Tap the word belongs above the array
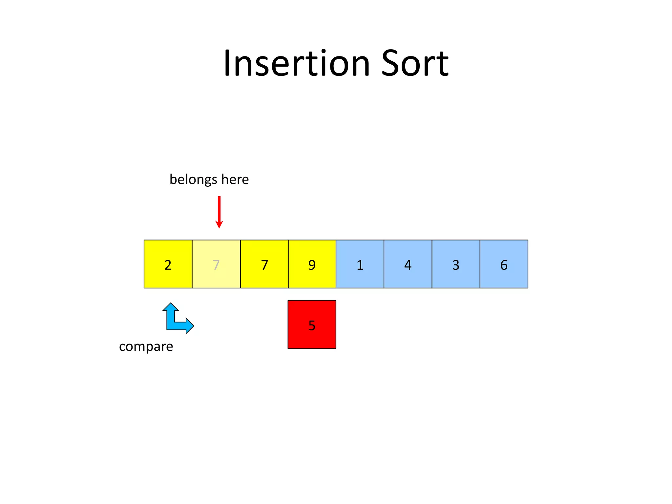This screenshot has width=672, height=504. [x=193, y=179]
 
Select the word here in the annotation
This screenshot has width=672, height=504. [x=235, y=179]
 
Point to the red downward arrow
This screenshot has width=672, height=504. [x=219, y=212]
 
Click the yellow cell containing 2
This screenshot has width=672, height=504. [x=168, y=264]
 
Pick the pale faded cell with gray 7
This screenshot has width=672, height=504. [x=216, y=264]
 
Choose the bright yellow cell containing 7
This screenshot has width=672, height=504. [x=264, y=264]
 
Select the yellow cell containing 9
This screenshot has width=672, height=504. [x=312, y=264]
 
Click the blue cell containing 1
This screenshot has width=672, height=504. [x=360, y=264]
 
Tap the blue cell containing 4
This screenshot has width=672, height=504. [x=408, y=264]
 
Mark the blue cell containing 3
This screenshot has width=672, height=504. [x=456, y=264]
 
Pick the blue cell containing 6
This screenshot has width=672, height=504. [x=504, y=264]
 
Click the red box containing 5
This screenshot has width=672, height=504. [x=312, y=325]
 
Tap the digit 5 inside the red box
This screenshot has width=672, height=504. [x=312, y=325]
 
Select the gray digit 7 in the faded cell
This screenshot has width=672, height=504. [x=216, y=265]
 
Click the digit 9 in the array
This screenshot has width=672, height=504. [x=312, y=265]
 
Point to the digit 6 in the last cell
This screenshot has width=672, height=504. [x=504, y=265]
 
